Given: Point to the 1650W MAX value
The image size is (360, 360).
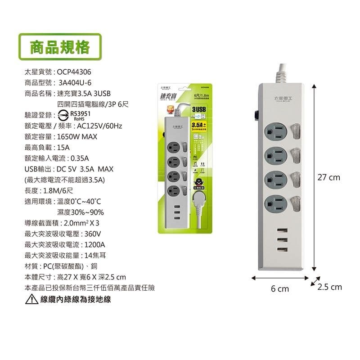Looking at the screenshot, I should click(77, 136).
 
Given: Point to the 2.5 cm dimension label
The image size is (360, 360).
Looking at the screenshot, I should click(330, 287).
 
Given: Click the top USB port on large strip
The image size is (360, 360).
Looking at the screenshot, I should click(283, 230).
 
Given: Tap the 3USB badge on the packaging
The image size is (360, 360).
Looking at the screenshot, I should click(198, 109).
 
